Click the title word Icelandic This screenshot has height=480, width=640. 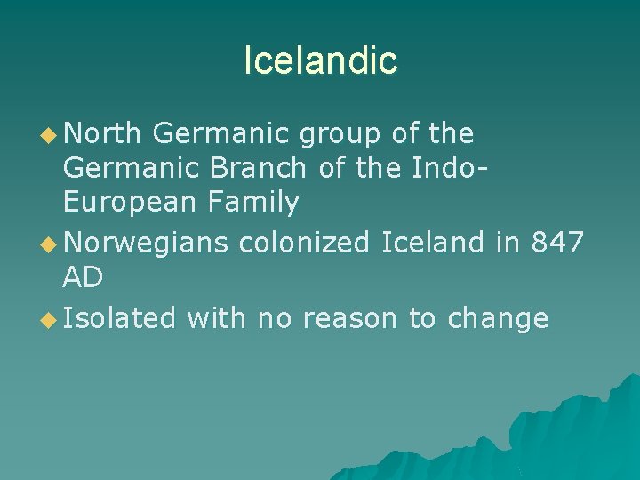[x=320, y=60]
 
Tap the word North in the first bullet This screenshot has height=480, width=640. [x=102, y=134]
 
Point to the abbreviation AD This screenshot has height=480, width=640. [x=83, y=277]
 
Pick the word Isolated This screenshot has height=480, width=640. [x=119, y=317]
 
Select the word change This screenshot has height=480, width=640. [x=498, y=317]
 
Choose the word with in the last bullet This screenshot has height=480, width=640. [x=217, y=317]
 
